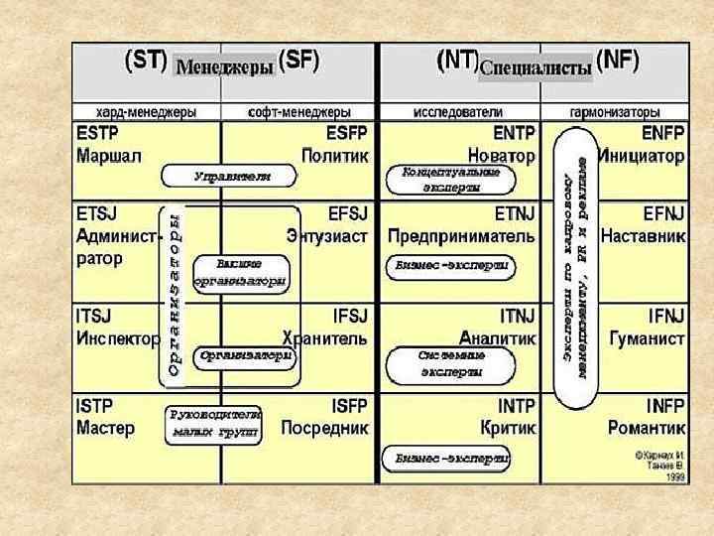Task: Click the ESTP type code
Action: (x=99, y=133)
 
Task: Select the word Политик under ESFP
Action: (x=335, y=156)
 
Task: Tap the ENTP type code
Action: (x=512, y=133)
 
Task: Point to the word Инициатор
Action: (x=648, y=156)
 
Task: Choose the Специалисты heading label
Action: (x=535, y=67)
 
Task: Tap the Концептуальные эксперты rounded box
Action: (x=443, y=179)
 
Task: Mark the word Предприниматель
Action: (x=461, y=237)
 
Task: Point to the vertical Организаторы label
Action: (x=174, y=295)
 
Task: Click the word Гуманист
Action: (x=653, y=338)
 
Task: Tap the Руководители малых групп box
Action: (x=214, y=423)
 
